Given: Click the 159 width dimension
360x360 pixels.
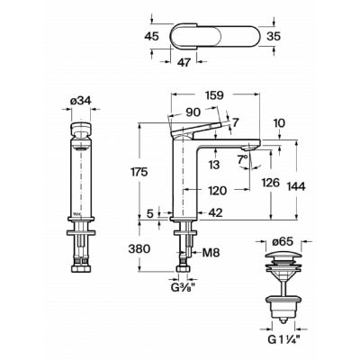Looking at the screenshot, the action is point(214,95).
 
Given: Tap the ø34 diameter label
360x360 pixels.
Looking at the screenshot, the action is point(81,101).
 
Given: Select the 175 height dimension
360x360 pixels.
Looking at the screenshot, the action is point(139,172).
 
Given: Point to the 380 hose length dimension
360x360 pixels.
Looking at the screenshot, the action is point(139,248).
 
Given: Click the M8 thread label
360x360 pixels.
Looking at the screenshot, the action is point(211,253).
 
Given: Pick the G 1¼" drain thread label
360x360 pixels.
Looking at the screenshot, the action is point(283,340).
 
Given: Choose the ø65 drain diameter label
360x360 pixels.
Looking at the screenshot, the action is point(283,241).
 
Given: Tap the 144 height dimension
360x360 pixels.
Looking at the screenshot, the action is point(296,186).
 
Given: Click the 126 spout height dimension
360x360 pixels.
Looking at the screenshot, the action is point(271,183).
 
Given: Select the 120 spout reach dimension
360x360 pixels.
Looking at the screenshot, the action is point(218,191).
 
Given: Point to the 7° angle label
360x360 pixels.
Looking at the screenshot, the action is point(243,159).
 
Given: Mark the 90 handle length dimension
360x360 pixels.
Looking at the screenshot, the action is point(193,112).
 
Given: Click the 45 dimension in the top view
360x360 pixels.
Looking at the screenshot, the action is point(151,36).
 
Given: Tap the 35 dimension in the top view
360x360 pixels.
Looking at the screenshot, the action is point(274,36).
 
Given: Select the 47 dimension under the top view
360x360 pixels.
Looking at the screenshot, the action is point(184,63).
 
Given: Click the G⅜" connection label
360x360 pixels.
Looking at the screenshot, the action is point(183,288).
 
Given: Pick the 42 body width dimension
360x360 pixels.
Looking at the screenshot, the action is point(215,213).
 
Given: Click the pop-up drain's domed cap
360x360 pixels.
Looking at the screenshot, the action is point(283,255).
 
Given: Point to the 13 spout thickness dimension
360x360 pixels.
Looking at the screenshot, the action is point(215,165).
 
